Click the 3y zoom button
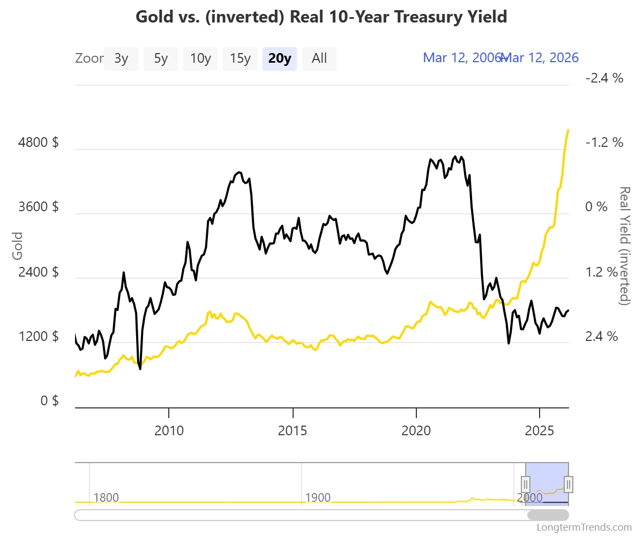pyautogui.click(x=121, y=58)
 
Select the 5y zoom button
pyautogui.click(x=161, y=58)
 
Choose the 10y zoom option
pyautogui.click(x=200, y=58)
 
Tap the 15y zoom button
pyautogui.click(x=240, y=58)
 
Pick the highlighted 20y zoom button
pyautogui.click(x=280, y=58)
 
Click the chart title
pyautogui.click(x=321, y=17)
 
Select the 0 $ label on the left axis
pyautogui.click(x=49, y=401)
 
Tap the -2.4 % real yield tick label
pyautogui.click(x=604, y=78)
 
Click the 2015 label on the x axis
pyautogui.click(x=293, y=430)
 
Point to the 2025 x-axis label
pyautogui.click(x=540, y=430)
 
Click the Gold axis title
pyautogui.click(x=18, y=245)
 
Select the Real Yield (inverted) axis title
pyautogui.click(x=624, y=245)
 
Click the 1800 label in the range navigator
pyautogui.click(x=106, y=497)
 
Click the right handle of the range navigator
pyautogui.click(x=569, y=484)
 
